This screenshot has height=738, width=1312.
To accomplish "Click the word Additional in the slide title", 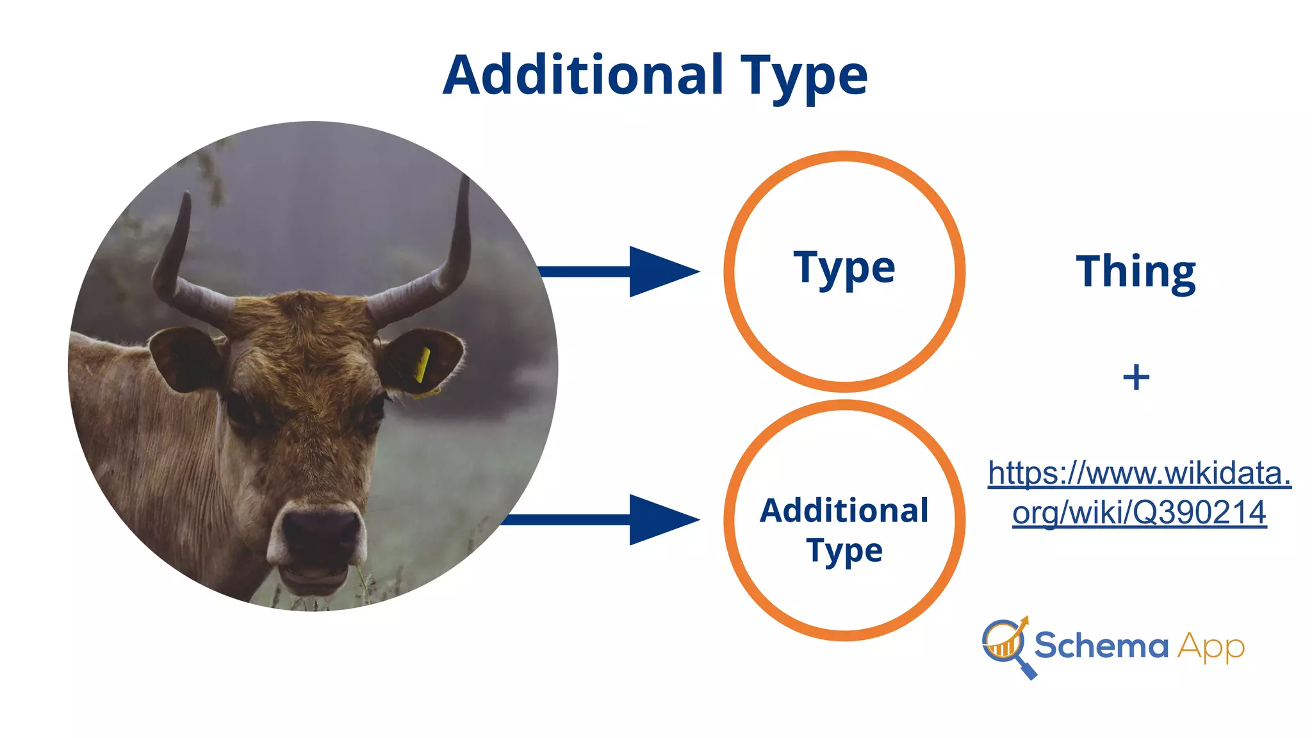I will point(583,75).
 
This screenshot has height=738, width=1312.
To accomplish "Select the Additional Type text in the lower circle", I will point(844,530).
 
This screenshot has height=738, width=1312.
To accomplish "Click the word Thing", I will point(1135,272).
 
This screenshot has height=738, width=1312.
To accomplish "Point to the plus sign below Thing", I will point(1136,377).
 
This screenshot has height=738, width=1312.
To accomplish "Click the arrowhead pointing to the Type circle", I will point(660,272).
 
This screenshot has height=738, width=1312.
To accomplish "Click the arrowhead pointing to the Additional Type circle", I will point(660,520).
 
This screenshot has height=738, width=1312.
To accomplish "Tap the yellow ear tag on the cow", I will point(422,366).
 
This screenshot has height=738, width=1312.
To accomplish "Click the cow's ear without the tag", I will point(183,359).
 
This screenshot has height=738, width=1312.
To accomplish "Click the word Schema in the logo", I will point(1101,645).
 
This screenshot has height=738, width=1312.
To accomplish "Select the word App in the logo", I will point(1210,647).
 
